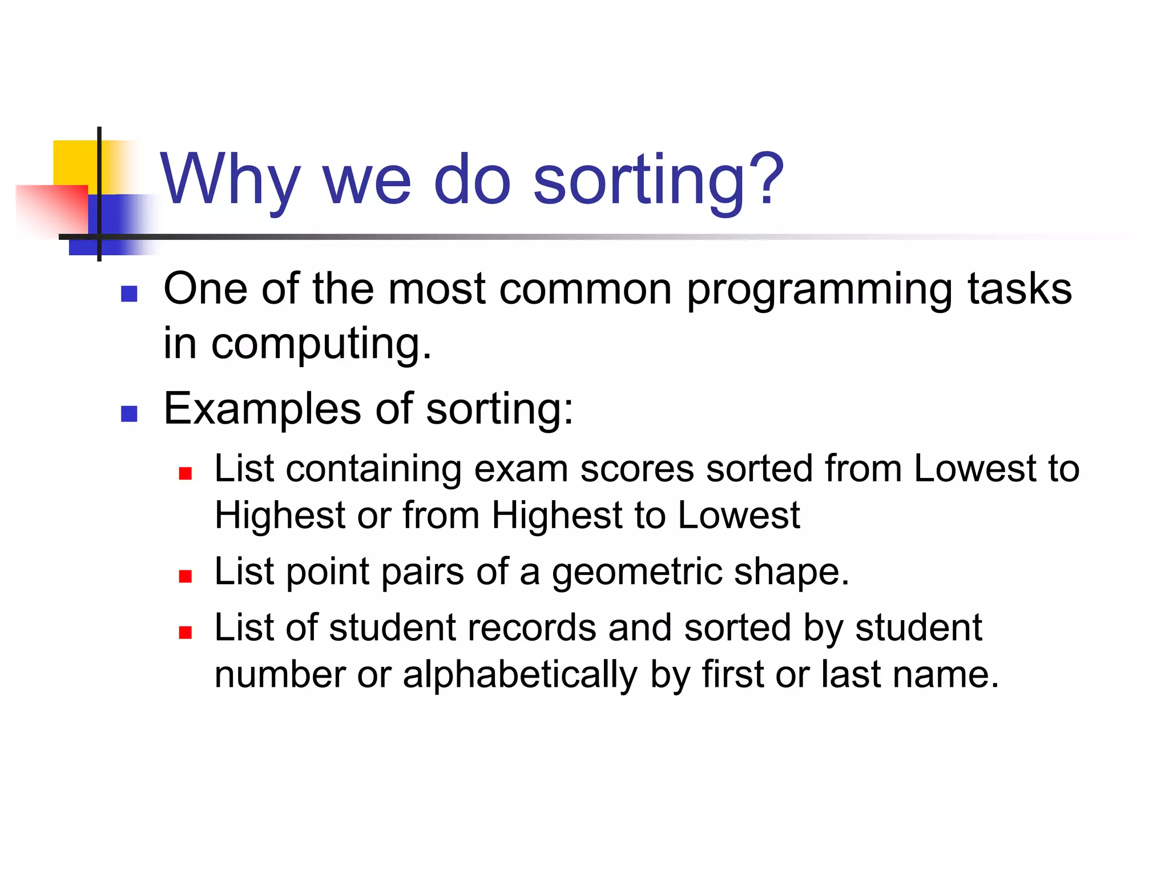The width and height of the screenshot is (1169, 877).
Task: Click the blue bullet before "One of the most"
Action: [130, 293]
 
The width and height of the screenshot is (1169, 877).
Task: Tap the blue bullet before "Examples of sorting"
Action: [130, 413]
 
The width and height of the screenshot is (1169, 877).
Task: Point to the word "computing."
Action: [321, 345]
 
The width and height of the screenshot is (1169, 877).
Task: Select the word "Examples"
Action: [262, 409]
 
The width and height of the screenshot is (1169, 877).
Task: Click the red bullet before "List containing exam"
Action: [185, 473]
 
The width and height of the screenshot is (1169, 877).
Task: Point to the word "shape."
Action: [791, 573]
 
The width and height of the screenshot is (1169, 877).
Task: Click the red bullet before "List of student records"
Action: [185, 632]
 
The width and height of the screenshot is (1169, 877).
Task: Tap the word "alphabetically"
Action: [519, 675]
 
